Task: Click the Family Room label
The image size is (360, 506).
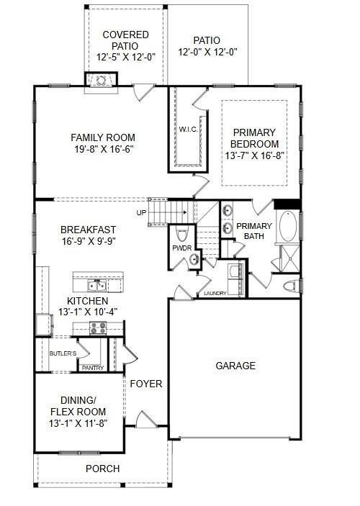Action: pos(102,137)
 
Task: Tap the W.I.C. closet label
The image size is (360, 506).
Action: pos(189,130)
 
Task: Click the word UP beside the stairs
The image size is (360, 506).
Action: pos(141,212)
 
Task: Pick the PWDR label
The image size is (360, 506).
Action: pos(181,248)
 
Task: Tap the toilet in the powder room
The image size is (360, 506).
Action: pos(181,235)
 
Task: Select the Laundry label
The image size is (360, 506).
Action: pos(215,294)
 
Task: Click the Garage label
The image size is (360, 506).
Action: pos(235,366)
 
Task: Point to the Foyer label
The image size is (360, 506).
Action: pos(145,384)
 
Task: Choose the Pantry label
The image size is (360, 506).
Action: pos(93,368)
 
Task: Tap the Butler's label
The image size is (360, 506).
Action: pos(63,353)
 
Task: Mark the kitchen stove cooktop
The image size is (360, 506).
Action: pos(98,327)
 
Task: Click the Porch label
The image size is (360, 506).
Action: pos(102,469)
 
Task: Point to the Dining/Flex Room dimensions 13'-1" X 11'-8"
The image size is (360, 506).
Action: pos(78,423)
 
